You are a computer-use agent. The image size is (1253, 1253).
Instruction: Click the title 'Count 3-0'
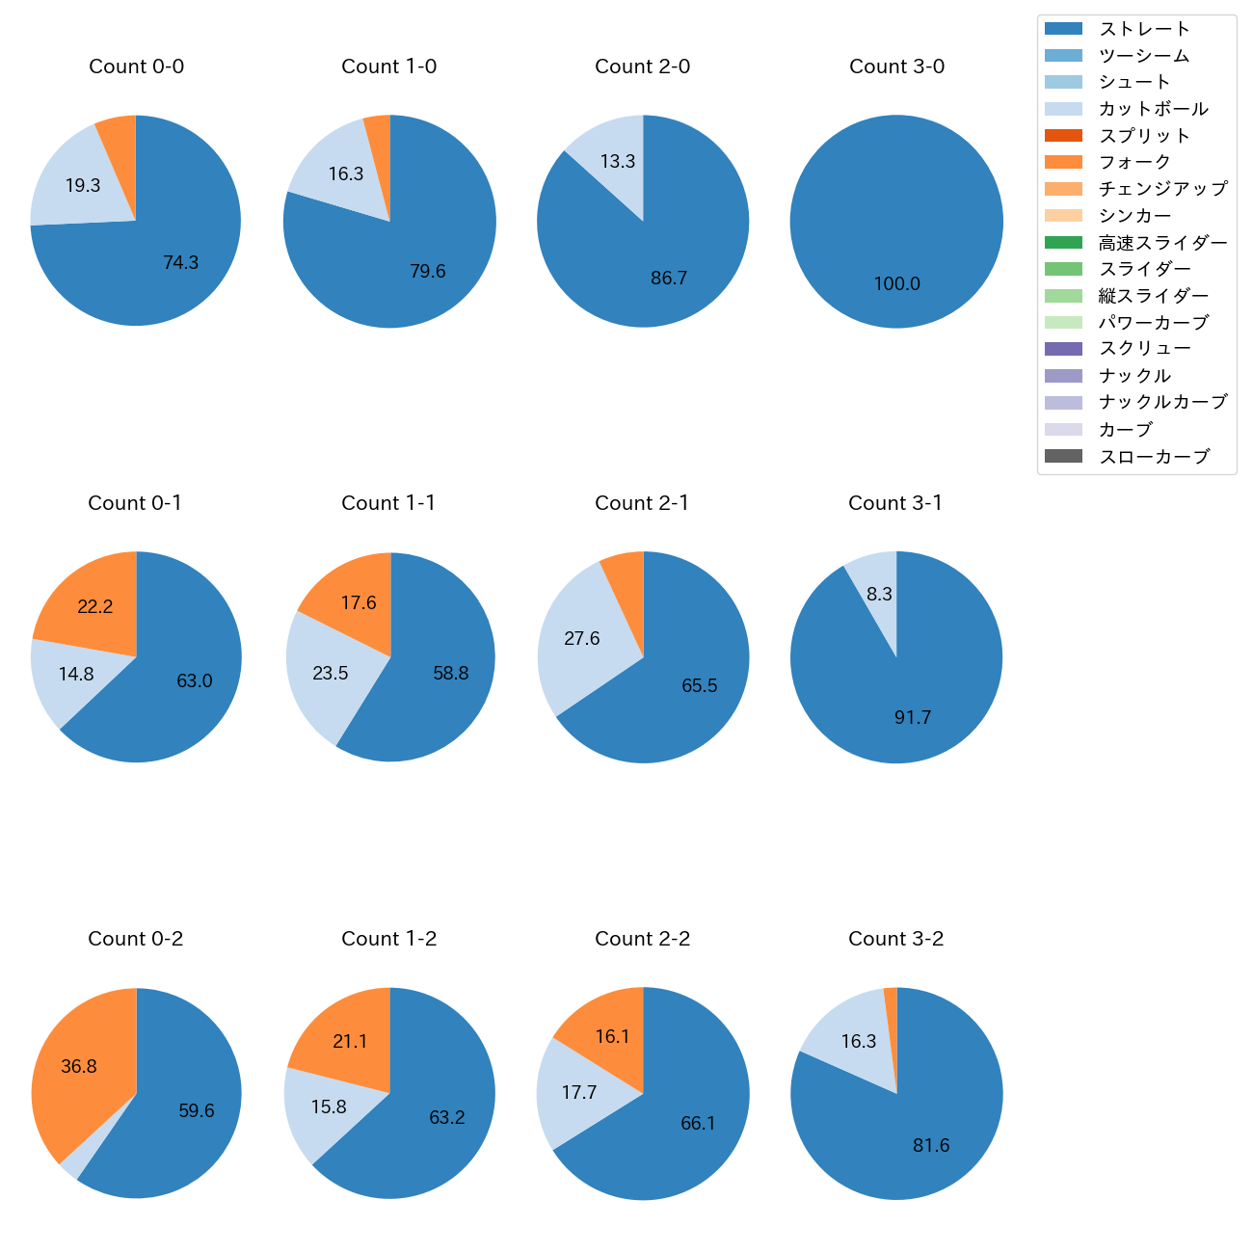(896, 67)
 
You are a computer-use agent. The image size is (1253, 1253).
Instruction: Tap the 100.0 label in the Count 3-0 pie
(896, 284)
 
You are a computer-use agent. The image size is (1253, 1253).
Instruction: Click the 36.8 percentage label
(79, 1067)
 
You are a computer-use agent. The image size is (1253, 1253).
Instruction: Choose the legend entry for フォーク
(1134, 162)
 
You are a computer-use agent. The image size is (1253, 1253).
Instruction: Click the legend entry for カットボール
(1153, 109)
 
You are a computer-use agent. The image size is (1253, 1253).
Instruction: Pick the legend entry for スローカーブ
(1154, 457)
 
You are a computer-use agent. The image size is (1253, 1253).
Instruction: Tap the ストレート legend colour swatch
(1063, 29)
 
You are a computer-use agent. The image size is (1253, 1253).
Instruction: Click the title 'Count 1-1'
(388, 503)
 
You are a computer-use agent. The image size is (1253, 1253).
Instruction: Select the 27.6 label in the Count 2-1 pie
(582, 639)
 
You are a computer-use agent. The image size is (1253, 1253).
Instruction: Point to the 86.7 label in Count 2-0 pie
(669, 279)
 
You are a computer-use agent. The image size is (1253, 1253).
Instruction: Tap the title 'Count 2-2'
(642, 939)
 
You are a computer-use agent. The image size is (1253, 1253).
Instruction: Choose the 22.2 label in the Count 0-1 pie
(95, 606)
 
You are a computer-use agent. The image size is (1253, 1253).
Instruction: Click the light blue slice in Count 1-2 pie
(328, 1108)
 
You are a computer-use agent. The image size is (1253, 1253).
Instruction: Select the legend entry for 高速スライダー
(1162, 243)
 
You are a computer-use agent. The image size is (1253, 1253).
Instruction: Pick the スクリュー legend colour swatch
(1063, 349)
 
